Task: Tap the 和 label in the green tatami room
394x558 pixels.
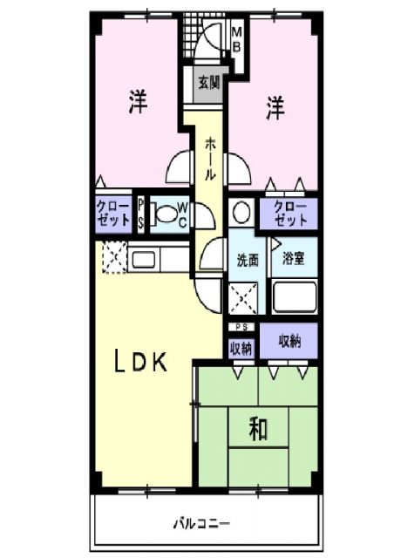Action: (x=258, y=428)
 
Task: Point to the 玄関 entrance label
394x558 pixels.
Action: (x=207, y=84)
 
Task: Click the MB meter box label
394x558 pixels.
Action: (x=236, y=39)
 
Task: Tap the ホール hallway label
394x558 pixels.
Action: (x=211, y=159)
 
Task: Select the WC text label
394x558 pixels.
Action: (x=183, y=214)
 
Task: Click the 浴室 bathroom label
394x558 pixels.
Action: (x=292, y=259)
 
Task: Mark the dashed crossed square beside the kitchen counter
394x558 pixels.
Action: (x=113, y=257)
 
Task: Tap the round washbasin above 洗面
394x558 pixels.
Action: (x=242, y=213)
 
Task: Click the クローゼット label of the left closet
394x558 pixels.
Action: (x=112, y=214)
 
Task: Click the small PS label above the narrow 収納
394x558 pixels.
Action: (x=241, y=328)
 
